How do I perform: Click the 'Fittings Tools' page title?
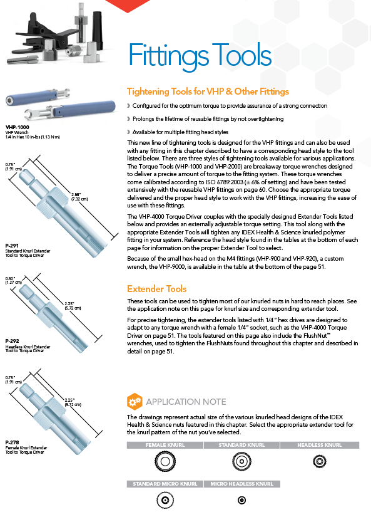tap(200, 56)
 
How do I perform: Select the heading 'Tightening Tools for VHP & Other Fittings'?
tap(208, 91)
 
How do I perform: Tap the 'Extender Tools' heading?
tap(157, 289)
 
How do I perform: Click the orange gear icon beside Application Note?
tap(135, 401)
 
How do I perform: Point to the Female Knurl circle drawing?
tap(165, 461)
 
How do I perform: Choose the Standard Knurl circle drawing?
tap(241, 461)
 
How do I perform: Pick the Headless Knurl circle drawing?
tap(320, 461)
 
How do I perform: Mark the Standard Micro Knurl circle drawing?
tap(165, 500)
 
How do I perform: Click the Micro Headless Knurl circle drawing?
tap(241, 500)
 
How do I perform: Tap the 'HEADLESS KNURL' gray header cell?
tap(320, 445)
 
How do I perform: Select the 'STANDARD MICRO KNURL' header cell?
tap(165, 484)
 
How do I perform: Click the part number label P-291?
tap(12, 246)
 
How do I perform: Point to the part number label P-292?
tap(12, 341)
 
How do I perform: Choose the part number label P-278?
tap(12, 442)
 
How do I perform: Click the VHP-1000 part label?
tap(18, 127)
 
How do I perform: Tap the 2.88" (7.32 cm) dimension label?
tap(79, 197)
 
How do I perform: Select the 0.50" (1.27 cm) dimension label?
tap(13, 280)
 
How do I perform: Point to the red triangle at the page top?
tap(127, 6)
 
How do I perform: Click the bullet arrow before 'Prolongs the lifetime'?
tap(129, 119)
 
